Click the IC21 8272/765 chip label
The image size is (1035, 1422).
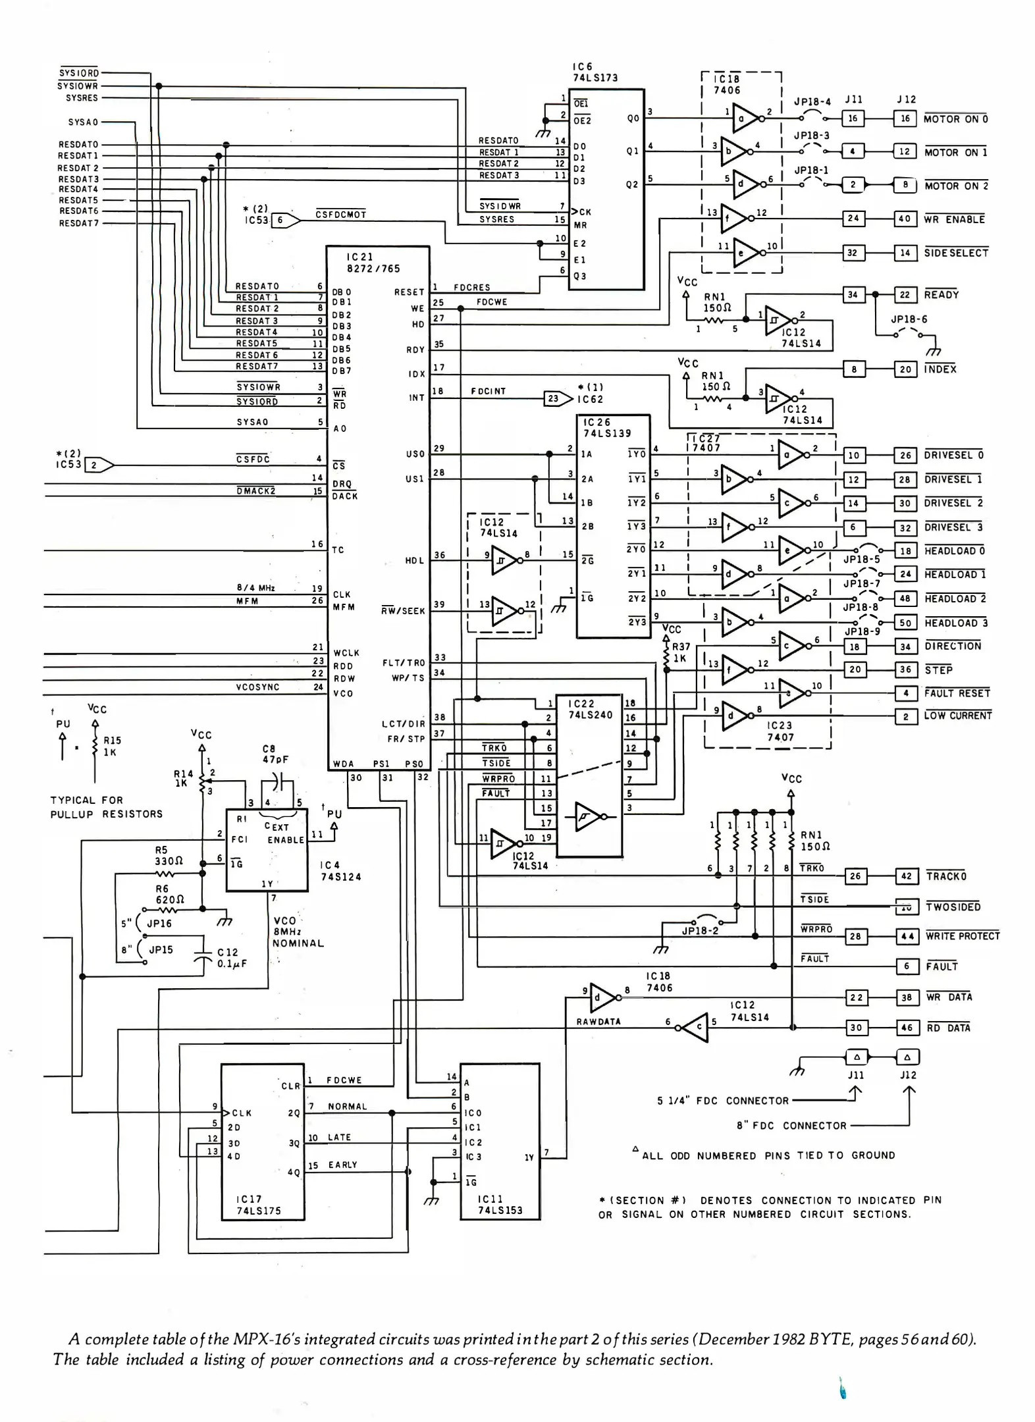click(373, 263)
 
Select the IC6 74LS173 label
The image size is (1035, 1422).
click(595, 72)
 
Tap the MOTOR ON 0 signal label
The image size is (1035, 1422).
click(955, 119)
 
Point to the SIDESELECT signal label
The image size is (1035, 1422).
click(956, 253)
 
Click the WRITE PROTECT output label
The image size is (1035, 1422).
click(963, 935)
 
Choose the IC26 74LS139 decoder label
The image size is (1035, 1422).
click(606, 427)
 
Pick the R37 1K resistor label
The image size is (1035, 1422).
click(681, 652)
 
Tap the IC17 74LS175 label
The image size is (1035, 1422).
click(258, 1205)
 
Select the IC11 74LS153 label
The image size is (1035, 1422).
click(500, 1205)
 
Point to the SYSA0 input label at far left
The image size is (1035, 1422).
click(83, 122)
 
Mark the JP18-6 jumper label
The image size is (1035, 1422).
click(909, 319)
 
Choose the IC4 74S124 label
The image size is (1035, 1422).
click(340, 870)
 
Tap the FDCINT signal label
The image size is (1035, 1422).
click(489, 391)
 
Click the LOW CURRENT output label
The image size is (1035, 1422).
click(957, 716)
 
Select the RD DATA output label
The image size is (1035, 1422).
click(948, 1028)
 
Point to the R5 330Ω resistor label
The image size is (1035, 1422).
click(169, 855)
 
